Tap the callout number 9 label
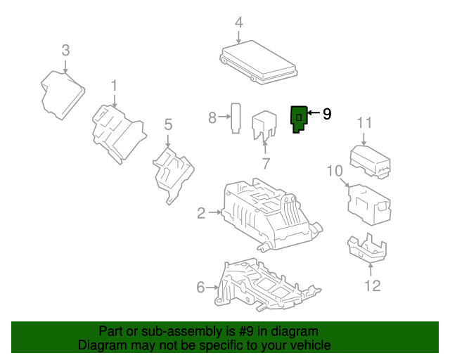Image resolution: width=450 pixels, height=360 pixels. (326, 114)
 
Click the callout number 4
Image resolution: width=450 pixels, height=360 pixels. (239, 22)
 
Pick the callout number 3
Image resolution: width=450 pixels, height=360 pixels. (65, 50)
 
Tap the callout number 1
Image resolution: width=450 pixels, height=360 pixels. (114, 86)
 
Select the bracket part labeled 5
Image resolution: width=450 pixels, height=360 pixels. (172, 172)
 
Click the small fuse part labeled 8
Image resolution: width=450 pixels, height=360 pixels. (237, 117)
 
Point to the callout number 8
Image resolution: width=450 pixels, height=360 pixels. (212, 118)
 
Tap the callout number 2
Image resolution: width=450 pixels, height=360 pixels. (201, 213)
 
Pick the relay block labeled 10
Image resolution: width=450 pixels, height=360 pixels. (368, 204)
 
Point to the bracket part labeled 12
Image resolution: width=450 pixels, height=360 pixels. (367, 248)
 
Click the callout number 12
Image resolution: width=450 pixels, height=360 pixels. (372, 285)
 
